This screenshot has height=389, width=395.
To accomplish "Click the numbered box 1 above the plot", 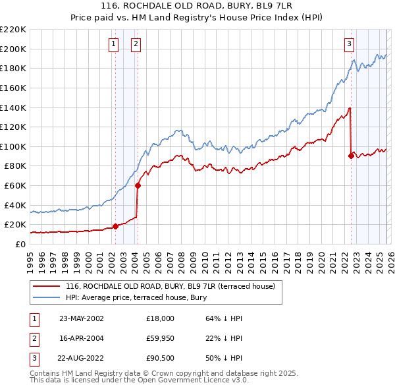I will (x=114, y=44).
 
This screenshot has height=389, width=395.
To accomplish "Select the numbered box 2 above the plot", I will (x=135, y=44).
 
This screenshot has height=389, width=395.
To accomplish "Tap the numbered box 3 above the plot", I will (x=349, y=44).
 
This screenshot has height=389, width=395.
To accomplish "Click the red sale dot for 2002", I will (x=116, y=226).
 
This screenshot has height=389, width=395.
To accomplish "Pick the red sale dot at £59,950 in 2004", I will (x=138, y=185).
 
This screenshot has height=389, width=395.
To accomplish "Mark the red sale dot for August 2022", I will (x=351, y=156).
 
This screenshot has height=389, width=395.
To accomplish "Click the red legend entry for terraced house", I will (x=174, y=286).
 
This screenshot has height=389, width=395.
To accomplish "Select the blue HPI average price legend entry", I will (x=136, y=297).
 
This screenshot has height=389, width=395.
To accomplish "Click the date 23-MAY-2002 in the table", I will (x=82, y=318).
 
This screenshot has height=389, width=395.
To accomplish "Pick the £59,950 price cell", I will (x=161, y=338).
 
